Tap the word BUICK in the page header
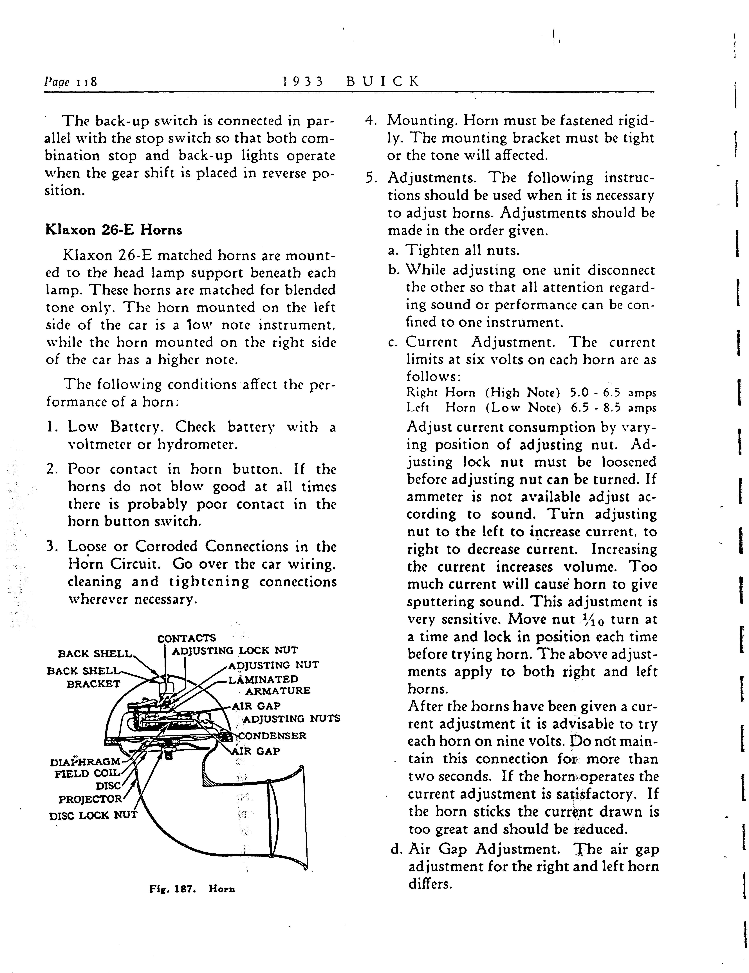[383, 82]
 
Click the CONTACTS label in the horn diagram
[187, 638]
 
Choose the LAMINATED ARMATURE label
[268, 685]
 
